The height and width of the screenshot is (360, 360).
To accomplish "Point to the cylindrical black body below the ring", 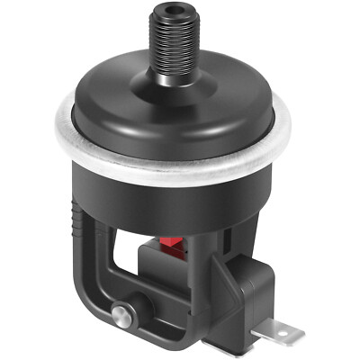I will (x=171, y=193).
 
